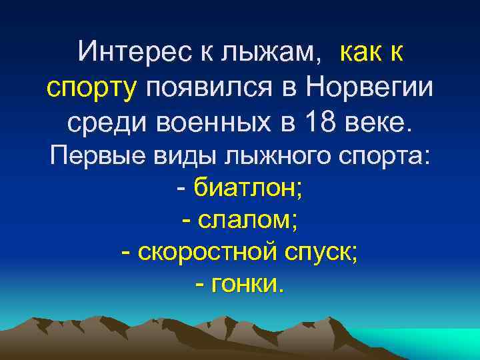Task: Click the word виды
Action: click(175, 157)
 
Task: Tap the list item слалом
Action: click(245, 221)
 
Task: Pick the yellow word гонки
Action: click(246, 285)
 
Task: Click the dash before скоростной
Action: click(127, 253)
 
